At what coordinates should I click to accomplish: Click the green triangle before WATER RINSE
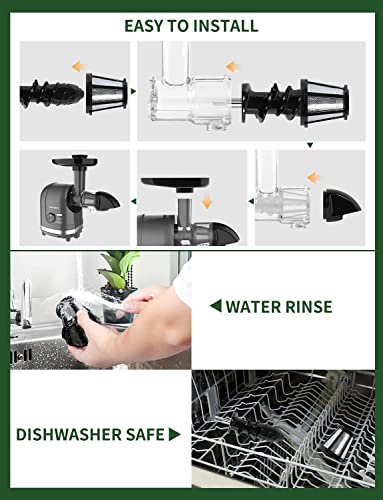pyautogui.click(x=214, y=307)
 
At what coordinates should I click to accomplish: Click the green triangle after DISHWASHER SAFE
pyautogui.click(x=175, y=435)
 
